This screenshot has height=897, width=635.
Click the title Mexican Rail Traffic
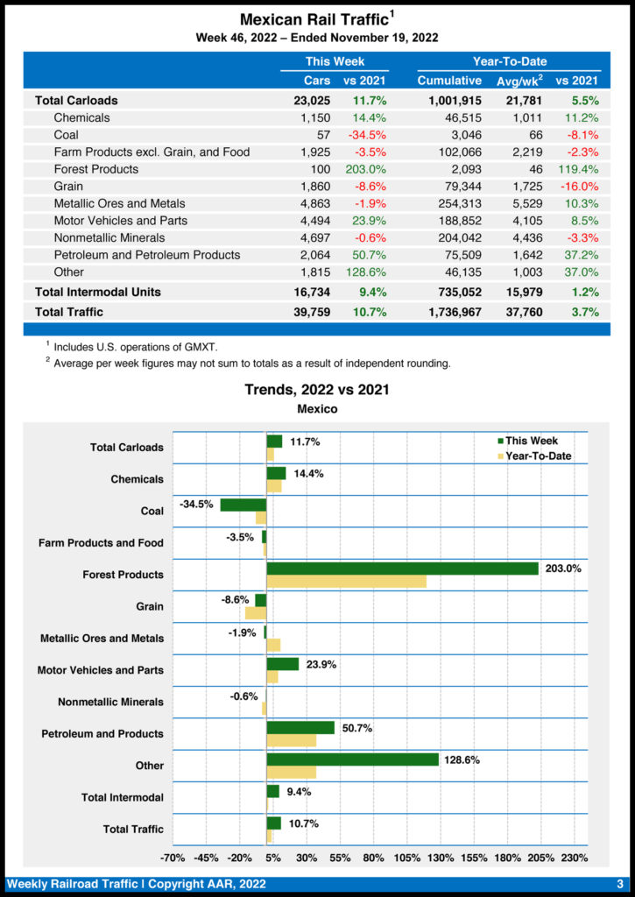coord(314,19)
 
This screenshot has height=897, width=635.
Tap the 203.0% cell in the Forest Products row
coord(364,169)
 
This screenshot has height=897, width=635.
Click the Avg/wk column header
coord(520,81)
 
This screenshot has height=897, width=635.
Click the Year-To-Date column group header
coord(510,61)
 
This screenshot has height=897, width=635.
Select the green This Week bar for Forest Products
coord(402,569)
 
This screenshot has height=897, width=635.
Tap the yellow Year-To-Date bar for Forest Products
coord(346,582)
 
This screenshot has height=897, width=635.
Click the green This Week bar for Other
coord(352,759)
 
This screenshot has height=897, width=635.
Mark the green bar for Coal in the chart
coord(243,505)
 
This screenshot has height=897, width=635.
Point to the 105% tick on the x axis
coord(406,857)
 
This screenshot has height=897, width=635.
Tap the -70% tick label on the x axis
coord(173,857)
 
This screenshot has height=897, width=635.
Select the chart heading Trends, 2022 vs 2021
coord(317,390)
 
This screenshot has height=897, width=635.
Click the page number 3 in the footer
coord(619,884)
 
